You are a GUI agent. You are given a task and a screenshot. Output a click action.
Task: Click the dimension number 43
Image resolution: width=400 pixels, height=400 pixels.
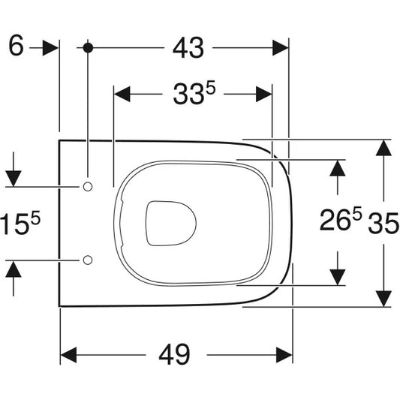pos(188,48)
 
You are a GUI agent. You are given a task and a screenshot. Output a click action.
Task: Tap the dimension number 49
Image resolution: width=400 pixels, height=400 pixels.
pos(175,354)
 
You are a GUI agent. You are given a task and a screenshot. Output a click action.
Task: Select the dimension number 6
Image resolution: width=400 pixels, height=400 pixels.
pos(16,45)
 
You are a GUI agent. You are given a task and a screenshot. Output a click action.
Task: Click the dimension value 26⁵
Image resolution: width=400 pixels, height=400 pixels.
pos(341,218)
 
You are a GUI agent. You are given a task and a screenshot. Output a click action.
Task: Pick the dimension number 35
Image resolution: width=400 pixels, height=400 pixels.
pos(383,224)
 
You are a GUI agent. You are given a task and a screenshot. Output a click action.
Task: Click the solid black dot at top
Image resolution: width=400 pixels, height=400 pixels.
pos(88,48)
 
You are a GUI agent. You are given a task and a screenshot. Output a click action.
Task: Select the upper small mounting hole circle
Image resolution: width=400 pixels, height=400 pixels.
pos(88,187)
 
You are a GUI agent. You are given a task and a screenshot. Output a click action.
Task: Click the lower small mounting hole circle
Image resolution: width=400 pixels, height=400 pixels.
pos(88,260)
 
